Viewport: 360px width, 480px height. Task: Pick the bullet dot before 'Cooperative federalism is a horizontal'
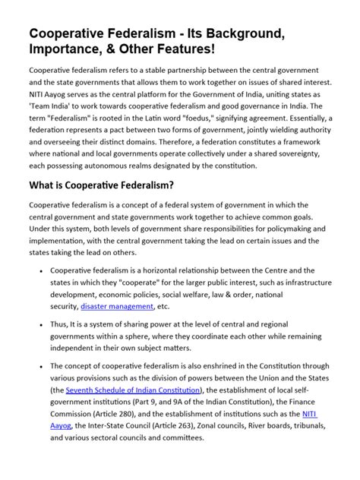39,270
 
